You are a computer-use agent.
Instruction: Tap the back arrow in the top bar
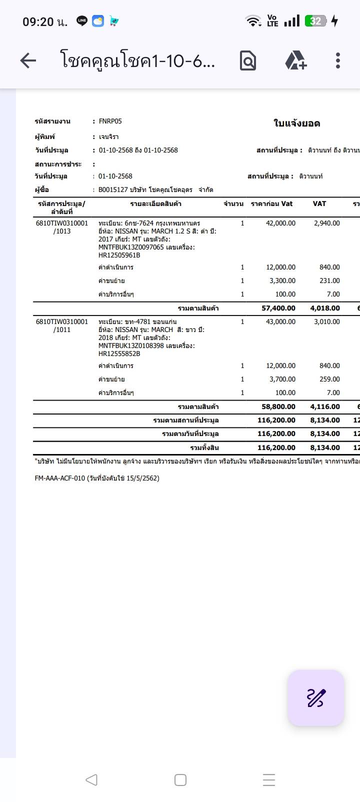(28, 60)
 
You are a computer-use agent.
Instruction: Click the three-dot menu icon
(338, 60)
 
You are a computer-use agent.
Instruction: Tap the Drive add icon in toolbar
(295, 60)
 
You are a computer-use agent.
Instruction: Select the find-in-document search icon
(248, 60)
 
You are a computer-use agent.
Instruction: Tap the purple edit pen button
(316, 697)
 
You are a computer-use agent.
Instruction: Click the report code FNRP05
(110, 121)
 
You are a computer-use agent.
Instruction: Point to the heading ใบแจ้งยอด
(296, 123)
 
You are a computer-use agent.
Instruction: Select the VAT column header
(319, 203)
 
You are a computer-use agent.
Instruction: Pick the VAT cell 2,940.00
(326, 223)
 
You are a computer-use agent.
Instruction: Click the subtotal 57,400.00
(278, 308)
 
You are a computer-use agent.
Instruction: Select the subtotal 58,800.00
(278, 407)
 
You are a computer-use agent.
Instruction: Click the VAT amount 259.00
(329, 379)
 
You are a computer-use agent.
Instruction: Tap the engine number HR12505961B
(119, 255)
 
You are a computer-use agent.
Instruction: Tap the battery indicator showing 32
(316, 21)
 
